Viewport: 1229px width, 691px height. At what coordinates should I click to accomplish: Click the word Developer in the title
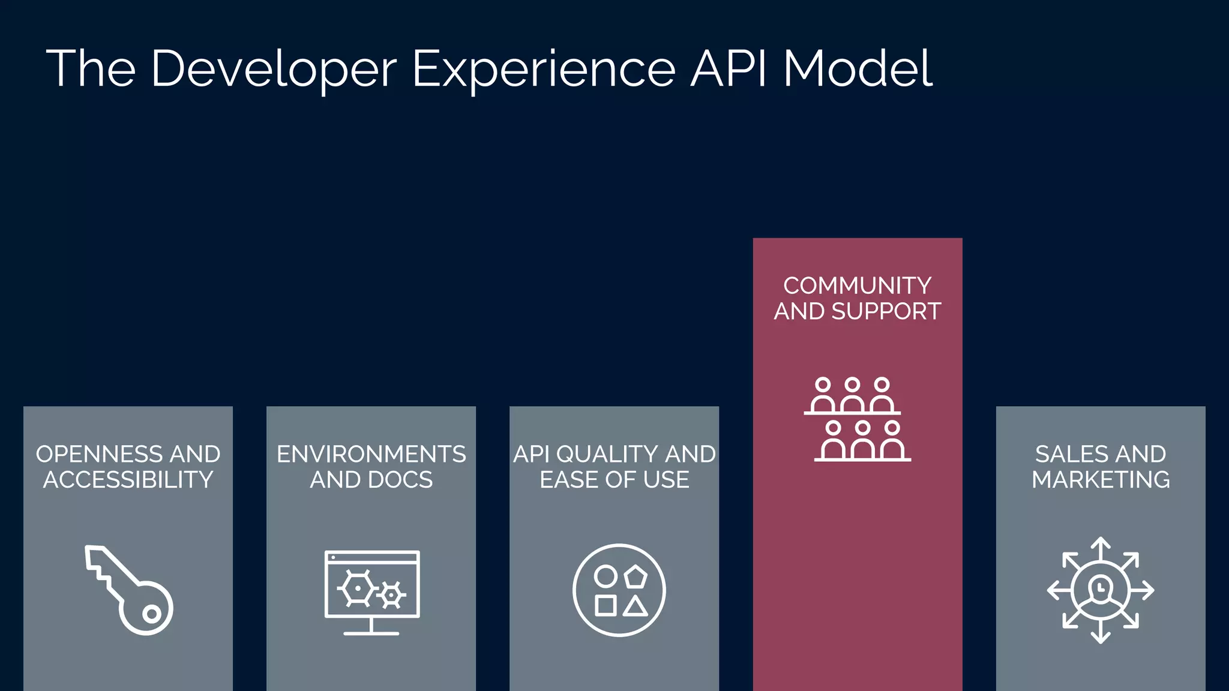click(x=274, y=70)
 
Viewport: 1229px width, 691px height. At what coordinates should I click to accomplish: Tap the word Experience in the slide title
click(x=544, y=70)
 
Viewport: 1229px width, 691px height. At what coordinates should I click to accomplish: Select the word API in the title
click(x=728, y=68)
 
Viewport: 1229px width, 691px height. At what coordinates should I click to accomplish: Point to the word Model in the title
click(x=858, y=68)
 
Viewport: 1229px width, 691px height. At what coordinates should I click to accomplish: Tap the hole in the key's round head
click(x=151, y=614)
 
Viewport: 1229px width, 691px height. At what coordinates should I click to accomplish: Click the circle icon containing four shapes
click(x=619, y=590)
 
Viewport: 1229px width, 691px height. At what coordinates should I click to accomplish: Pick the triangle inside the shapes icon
click(x=635, y=606)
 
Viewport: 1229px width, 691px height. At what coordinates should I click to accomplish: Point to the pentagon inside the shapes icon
click(x=636, y=577)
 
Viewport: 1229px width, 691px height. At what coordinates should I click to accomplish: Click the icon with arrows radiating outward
click(x=1101, y=590)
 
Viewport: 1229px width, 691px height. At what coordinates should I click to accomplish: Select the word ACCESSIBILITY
click(x=128, y=480)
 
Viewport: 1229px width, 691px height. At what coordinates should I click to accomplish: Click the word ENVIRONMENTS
click(x=371, y=454)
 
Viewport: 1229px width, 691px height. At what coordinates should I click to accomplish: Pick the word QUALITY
click(x=607, y=454)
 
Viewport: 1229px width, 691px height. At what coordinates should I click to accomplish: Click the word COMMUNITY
click(x=857, y=286)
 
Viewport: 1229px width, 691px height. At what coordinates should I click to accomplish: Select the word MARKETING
click(x=1101, y=480)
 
